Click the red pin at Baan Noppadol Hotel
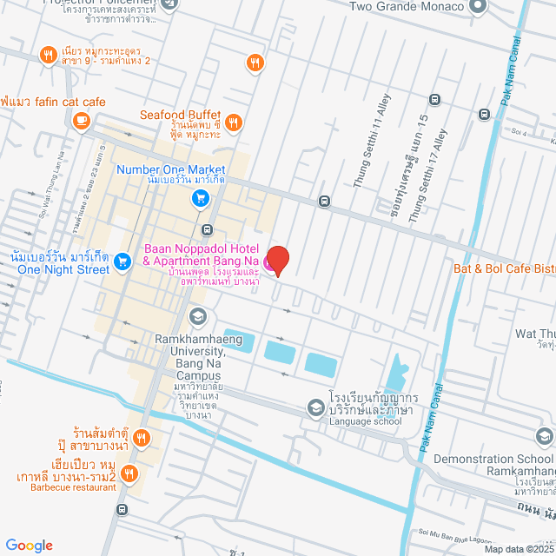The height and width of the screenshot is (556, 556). tap(277, 259)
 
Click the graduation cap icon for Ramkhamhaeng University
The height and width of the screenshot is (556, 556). tap(198, 316)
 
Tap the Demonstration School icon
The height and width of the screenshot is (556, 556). tap(544, 435)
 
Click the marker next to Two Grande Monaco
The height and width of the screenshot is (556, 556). tap(476, 7)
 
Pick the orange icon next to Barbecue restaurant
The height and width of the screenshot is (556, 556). tap(129, 473)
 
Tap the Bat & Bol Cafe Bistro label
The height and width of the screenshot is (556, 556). tap(504, 268)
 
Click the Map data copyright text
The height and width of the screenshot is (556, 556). tap(519, 548)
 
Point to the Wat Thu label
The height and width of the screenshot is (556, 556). tap(535, 334)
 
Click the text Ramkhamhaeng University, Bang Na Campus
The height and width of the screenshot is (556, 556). tap(190, 357)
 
